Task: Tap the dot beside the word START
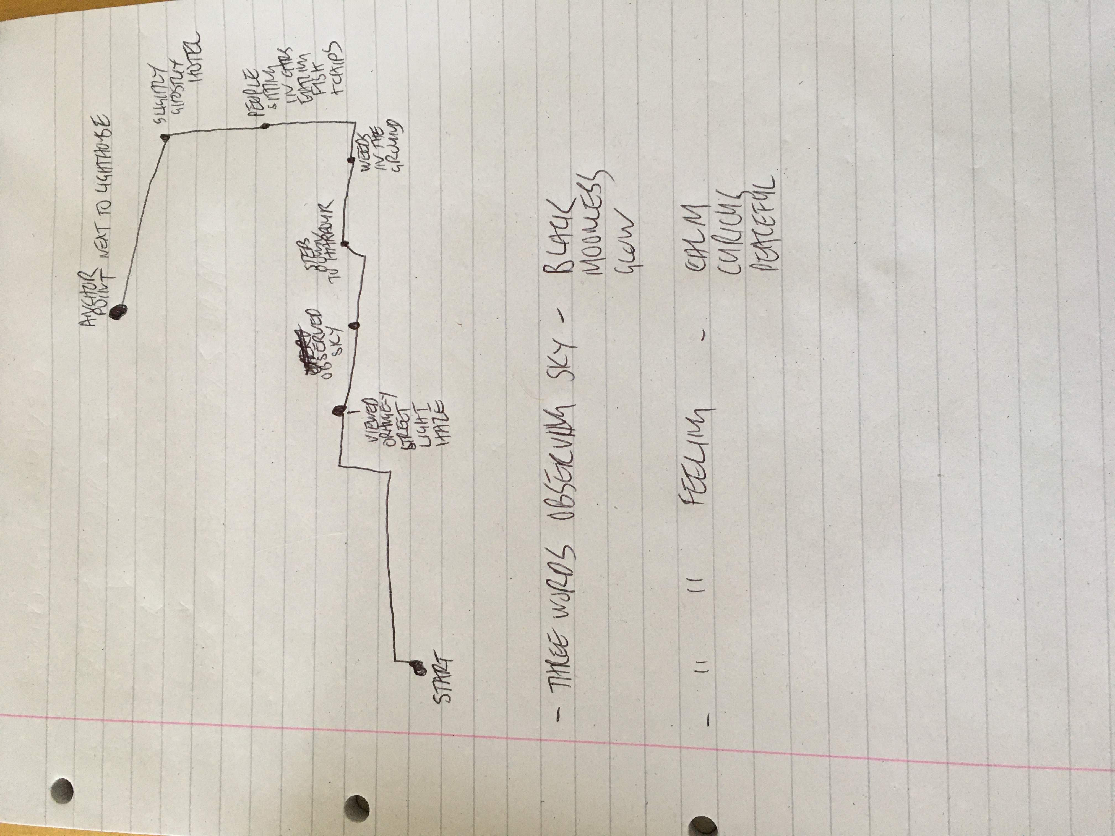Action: coord(417,668)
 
